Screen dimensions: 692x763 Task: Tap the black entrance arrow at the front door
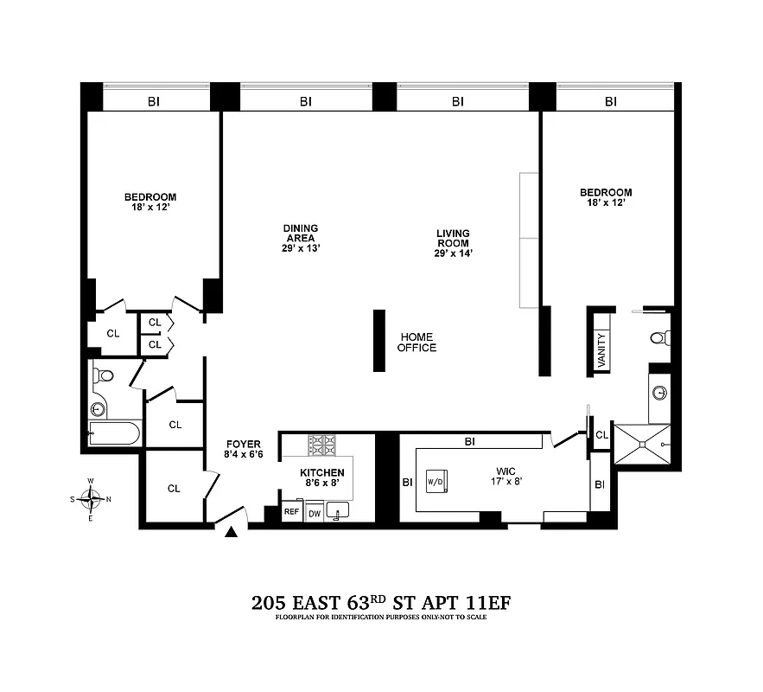(231, 534)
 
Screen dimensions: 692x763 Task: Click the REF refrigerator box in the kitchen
(291, 512)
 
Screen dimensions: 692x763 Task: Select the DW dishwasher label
(314, 513)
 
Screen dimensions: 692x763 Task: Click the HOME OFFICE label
(416, 343)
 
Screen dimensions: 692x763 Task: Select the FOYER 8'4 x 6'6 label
(238, 448)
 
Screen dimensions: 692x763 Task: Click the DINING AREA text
(299, 234)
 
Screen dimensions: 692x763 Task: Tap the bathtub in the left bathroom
(115, 433)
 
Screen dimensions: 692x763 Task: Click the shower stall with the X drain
(641, 444)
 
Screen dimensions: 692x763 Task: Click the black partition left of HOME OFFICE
(378, 341)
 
